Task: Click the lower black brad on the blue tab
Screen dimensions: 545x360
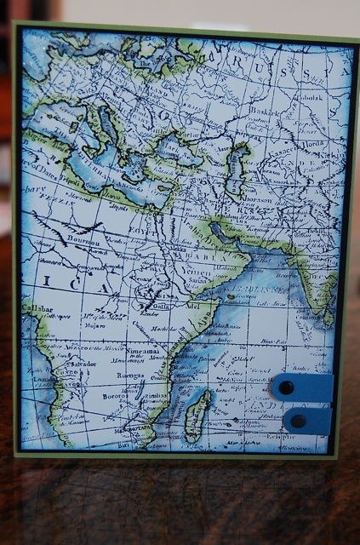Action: (x=298, y=421)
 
